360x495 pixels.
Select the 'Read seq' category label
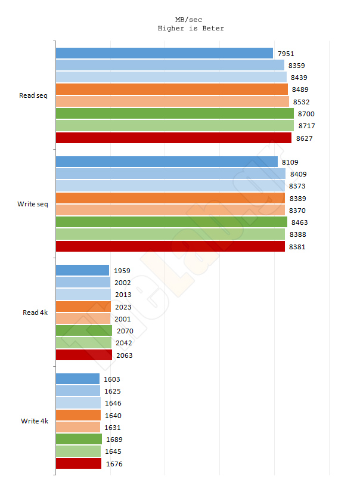pyautogui.click(x=33, y=95)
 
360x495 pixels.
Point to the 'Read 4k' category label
pyautogui.click(x=35, y=312)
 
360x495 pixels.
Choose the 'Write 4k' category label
pyautogui.click(x=35, y=421)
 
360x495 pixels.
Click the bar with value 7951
pyautogui.click(x=164, y=53)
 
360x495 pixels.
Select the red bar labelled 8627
pyautogui.click(x=173, y=138)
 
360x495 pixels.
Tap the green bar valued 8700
pyautogui.click(x=174, y=113)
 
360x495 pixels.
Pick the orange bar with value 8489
pyautogui.click(x=171, y=89)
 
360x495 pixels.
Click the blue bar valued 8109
pyautogui.click(x=166, y=162)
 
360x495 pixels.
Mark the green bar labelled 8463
pyautogui.click(x=171, y=222)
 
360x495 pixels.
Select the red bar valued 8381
pyautogui.click(x=170, y=246)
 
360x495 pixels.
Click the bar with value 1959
pyautogui.click(x=82, y=270)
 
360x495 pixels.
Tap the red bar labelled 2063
pyautogui.click(x=83, y=355)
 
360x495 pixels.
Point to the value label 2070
pyautogui.click(x=125, y=331)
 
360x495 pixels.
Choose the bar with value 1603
pyautogui.click(x=77, y=379)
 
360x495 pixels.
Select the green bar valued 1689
pyautogui.click(x=79, y=440)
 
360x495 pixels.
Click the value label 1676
pyautogui.click(x=114, y=464)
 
